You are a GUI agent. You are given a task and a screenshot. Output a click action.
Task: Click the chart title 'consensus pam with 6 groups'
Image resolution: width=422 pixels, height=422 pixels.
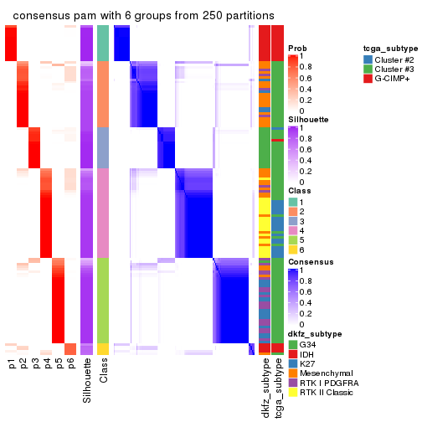point(143,16)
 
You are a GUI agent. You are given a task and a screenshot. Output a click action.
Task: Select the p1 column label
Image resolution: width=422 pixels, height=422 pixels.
point(12,363)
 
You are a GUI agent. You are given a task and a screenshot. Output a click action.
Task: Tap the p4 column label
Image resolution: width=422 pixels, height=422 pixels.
point(47,363)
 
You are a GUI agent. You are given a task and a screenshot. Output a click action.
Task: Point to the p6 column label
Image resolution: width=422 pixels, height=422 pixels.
point(71,363)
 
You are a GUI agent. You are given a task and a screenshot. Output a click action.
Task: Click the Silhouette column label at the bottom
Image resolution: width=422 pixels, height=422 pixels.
point(87,381)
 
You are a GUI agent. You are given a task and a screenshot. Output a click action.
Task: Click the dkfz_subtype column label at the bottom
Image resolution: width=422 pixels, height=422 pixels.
point(265,388)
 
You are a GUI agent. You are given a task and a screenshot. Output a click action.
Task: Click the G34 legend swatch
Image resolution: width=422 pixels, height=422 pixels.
point(292,344)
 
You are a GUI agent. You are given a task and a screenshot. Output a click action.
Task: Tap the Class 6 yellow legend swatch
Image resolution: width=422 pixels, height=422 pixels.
point(292,249)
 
